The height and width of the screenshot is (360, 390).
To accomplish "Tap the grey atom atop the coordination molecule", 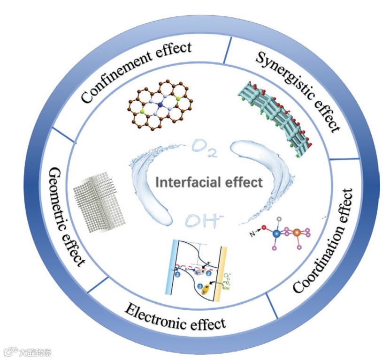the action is [x=280, y=219].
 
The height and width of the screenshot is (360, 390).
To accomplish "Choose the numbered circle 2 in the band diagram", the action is [x=207, y=271].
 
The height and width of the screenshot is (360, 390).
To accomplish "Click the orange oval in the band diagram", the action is [x=204, y=292].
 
